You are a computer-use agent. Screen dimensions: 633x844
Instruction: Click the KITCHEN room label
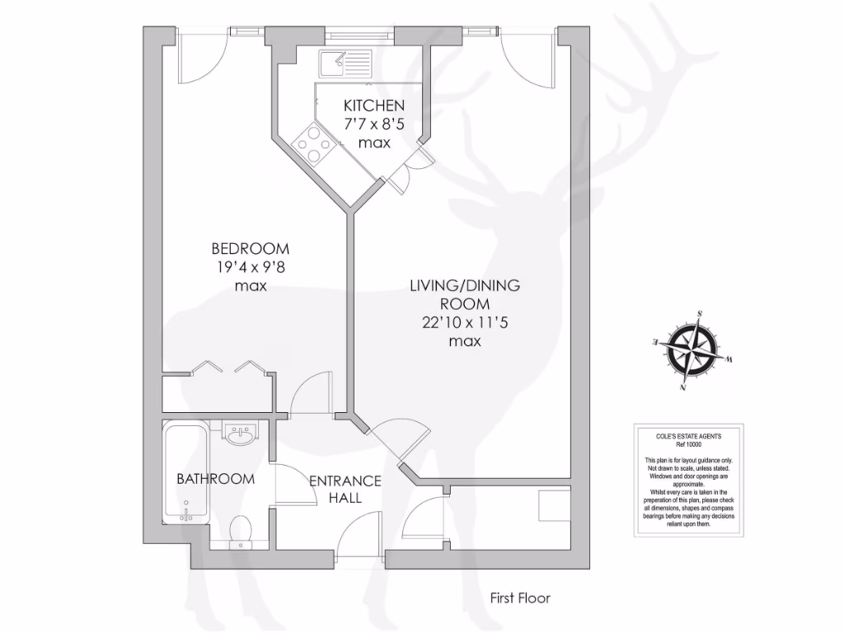[373, 105]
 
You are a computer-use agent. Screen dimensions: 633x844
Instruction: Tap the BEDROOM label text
[251, 248]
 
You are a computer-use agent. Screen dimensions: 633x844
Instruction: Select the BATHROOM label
[215, 478]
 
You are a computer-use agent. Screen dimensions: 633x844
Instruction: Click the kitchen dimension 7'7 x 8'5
[374, 124]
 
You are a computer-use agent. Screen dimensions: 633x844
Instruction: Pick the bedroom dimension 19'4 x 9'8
[251, 266]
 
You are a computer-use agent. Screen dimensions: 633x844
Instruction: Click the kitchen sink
[346, 62]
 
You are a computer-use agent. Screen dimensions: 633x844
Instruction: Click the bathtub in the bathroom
[185, 472]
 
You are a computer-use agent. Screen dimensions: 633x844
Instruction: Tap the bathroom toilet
[241, 529]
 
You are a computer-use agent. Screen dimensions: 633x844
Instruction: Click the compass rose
[693, 349]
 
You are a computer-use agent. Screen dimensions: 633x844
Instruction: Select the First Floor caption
[519, 598]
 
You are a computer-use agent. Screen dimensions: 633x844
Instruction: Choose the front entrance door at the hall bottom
[360, 536]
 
